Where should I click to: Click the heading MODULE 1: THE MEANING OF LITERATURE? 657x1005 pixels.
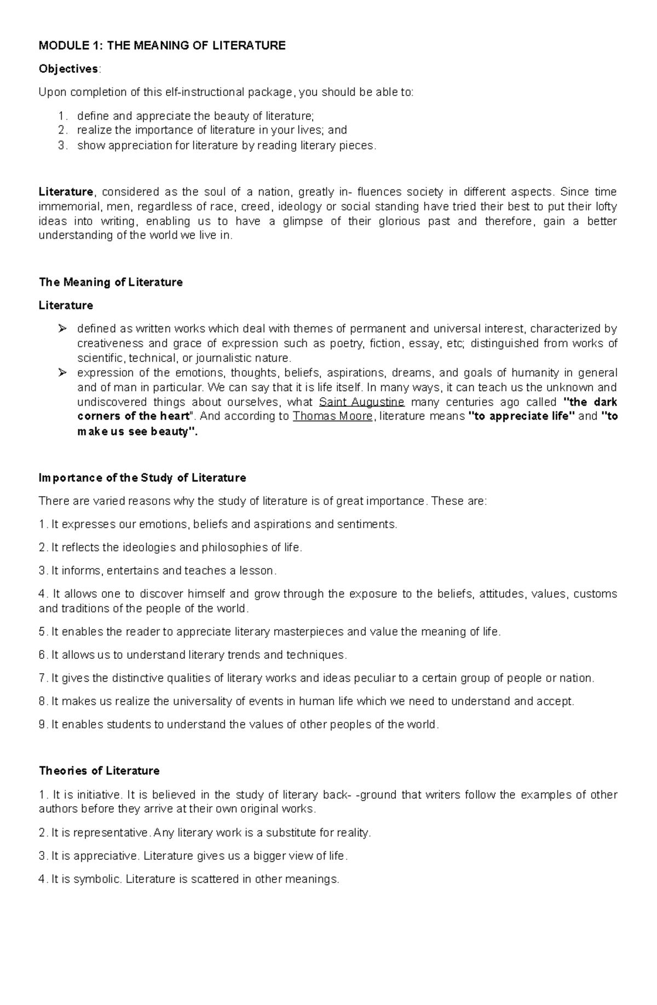(162, 45)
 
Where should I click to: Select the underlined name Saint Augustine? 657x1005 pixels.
(361, 402)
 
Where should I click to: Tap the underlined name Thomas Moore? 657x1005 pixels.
(333, 416)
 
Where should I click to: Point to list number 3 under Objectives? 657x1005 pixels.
(62, 146)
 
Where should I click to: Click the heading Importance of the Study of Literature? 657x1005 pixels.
(142, 478)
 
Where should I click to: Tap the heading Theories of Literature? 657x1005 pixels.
(99, 771)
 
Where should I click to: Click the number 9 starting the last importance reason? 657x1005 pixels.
(43, 725)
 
